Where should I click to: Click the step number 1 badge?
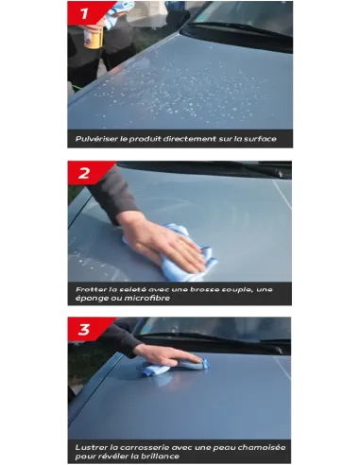(87, 12)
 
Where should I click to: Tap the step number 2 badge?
(86, 173)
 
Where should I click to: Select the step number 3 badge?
(86, 329)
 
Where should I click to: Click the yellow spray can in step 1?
(94, 37)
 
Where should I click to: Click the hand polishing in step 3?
(167, 356)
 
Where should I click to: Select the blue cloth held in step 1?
(117, 14)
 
